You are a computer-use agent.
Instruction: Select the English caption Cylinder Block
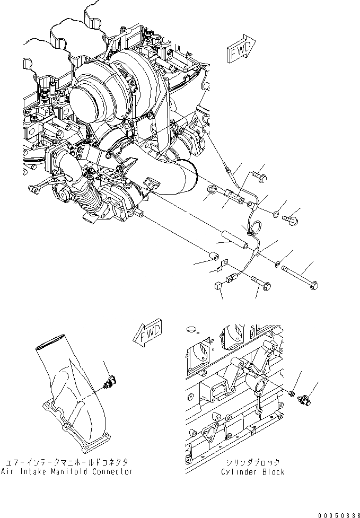coord(253,471)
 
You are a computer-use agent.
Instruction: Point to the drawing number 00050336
coord(338,514)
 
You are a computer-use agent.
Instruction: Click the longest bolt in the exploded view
coord(300,275)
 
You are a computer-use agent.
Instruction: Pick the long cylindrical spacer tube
coord(232,239)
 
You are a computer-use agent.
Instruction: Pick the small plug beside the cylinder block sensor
coord(292,393)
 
